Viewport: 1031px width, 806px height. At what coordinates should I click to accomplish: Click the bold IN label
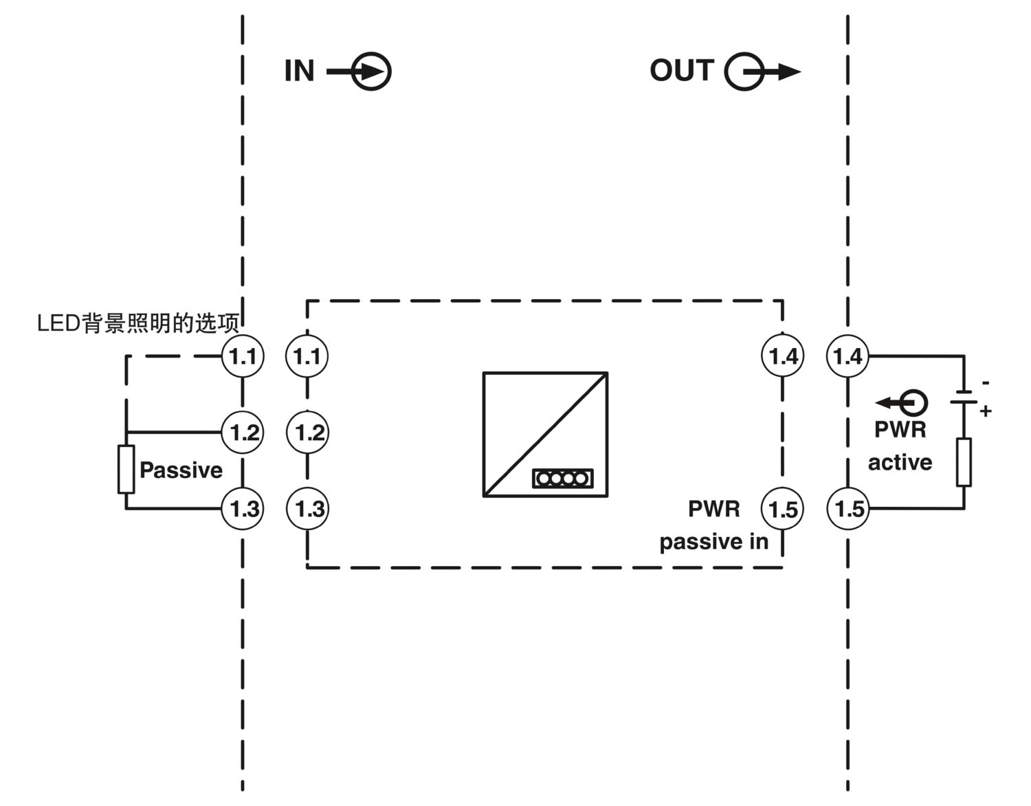299,71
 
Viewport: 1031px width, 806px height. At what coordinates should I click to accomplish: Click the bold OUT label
681,70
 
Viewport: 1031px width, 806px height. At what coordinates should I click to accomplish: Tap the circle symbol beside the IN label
371,72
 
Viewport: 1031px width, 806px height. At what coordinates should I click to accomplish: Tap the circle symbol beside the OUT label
744,72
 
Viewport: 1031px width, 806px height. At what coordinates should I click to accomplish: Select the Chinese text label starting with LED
138,323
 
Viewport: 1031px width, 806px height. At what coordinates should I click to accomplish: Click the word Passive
181,470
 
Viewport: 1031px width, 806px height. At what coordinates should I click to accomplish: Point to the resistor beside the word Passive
126,470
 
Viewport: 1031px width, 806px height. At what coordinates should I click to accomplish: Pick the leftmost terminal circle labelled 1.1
243,356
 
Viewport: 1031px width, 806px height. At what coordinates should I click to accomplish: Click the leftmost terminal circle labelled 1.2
243,433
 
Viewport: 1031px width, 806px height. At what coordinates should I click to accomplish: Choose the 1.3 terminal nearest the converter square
308,508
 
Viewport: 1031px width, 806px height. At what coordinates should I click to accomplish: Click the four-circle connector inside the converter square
563,479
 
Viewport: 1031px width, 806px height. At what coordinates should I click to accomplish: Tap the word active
900,463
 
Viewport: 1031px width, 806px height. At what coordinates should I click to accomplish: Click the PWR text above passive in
714,509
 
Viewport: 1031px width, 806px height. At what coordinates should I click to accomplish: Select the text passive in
713,541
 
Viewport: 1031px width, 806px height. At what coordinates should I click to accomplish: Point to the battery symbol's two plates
964,397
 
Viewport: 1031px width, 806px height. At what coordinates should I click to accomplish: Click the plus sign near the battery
986,411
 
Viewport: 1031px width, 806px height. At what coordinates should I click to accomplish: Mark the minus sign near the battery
986,382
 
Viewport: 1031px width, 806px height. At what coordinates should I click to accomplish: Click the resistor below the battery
964,462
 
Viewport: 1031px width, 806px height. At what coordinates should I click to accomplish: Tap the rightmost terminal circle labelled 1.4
848,356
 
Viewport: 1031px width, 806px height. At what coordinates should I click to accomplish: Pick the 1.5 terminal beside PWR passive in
782,509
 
